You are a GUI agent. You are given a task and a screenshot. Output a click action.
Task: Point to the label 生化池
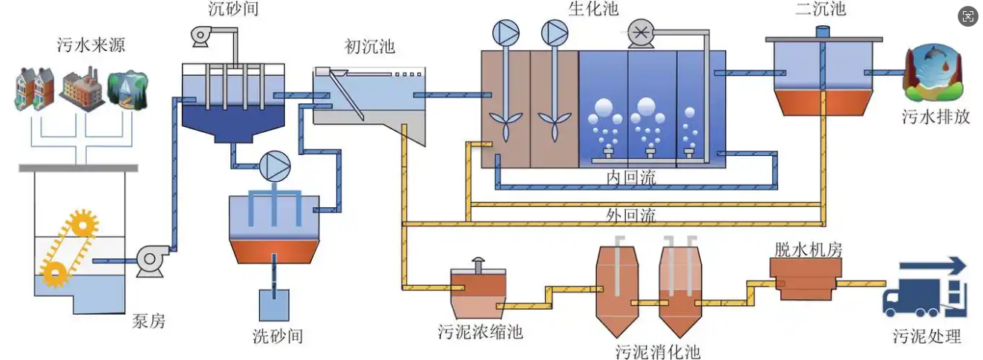592,9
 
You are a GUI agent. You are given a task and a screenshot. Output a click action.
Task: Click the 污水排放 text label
936,117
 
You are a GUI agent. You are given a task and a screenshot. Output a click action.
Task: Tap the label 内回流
631,178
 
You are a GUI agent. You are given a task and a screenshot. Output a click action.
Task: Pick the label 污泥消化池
658,349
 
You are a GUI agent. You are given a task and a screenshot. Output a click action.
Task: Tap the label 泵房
148,321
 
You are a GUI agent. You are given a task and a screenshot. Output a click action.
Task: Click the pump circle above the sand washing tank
275,165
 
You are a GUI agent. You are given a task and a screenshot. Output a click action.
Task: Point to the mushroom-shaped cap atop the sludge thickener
478,263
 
